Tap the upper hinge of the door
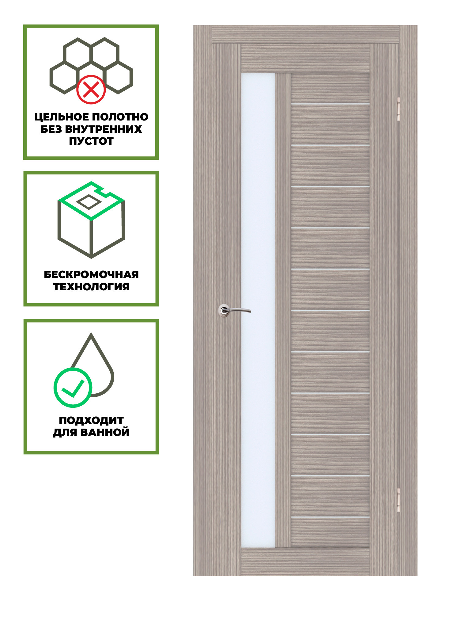point(399,109)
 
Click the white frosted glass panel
point(258,310)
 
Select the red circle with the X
point(91,90)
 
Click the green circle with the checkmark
point(73,388)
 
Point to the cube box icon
point(91,220)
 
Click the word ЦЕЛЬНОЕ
point(62,117)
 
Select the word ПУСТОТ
point(91,141)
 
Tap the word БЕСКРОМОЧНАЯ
point(91,274)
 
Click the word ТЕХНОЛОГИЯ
point(91,287)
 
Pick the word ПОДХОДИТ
point(91,420)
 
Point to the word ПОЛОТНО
point(120,117)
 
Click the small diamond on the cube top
point(89,202)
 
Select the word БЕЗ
point(51,129)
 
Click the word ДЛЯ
point(65,433)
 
